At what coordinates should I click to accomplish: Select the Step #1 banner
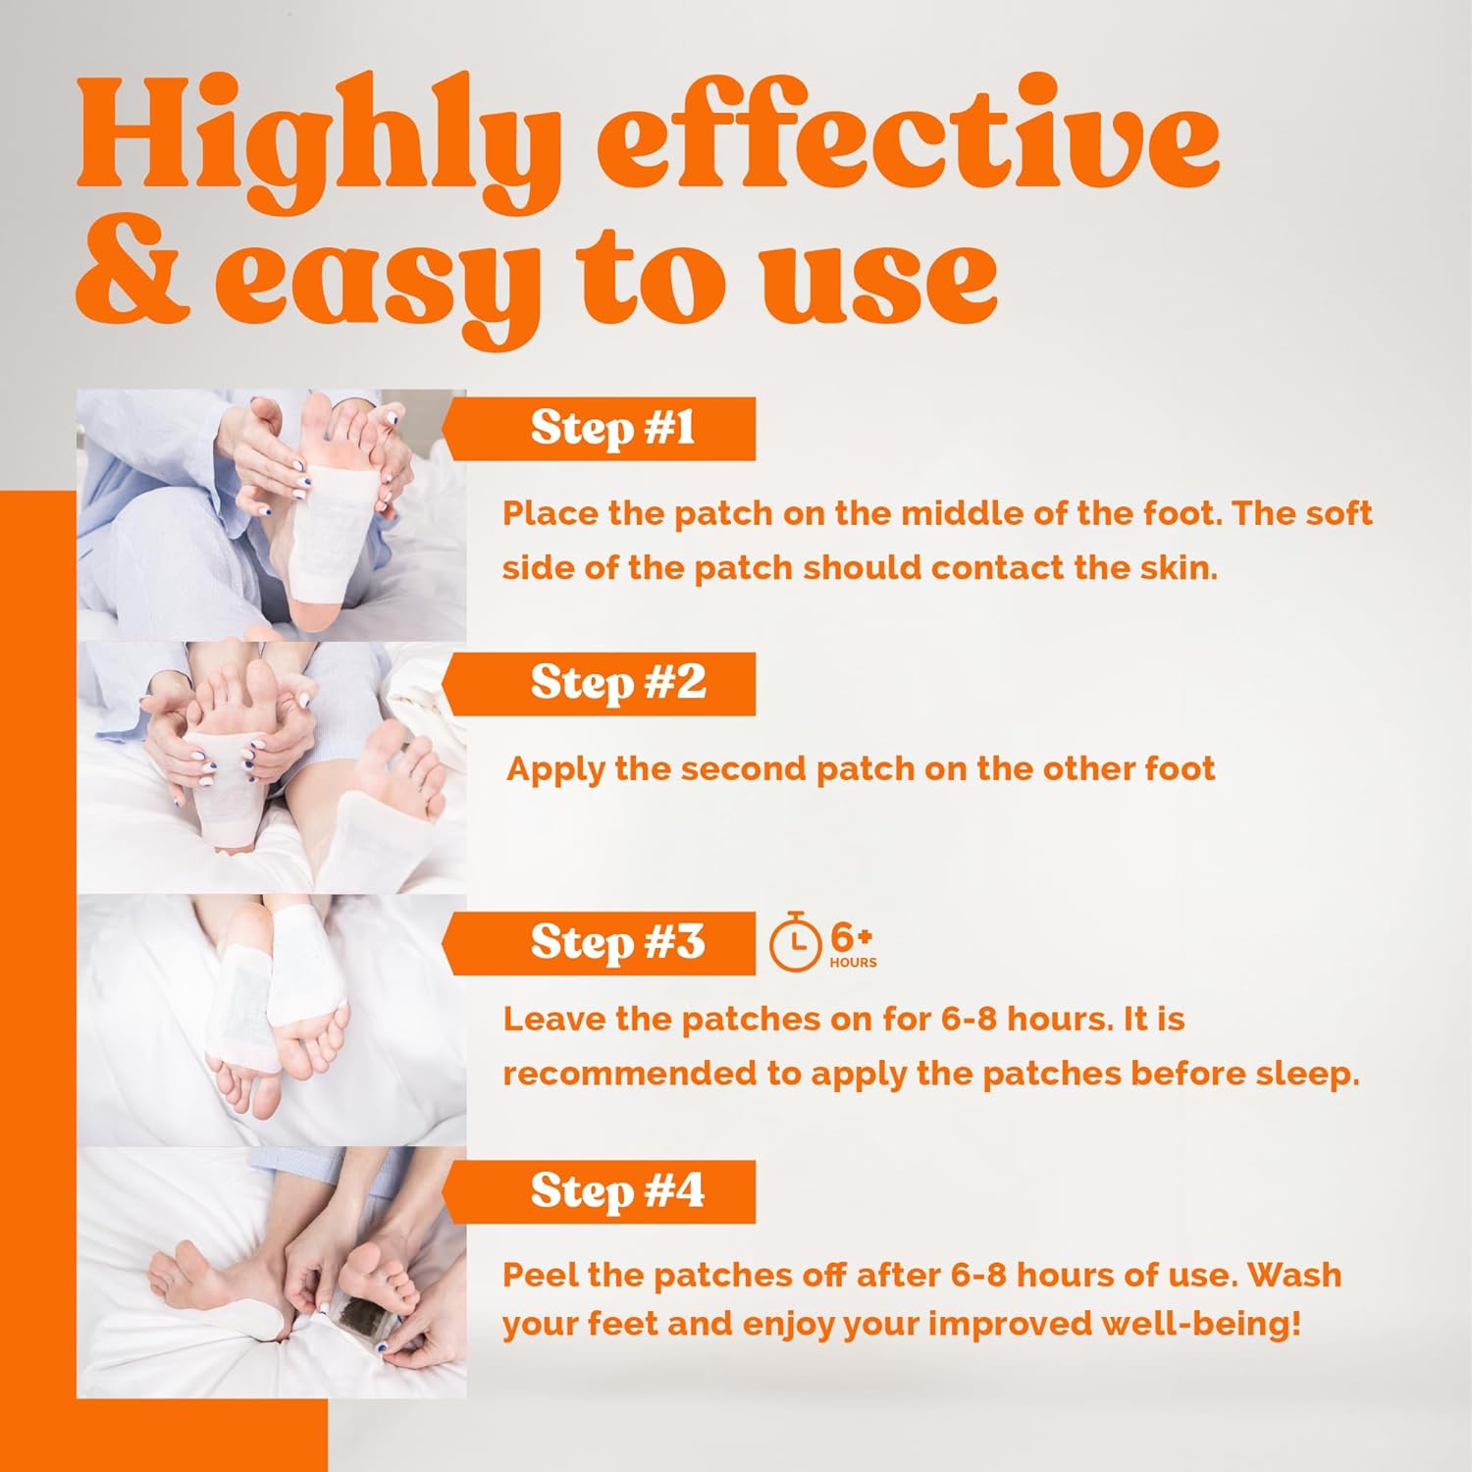click(x=600, y=429)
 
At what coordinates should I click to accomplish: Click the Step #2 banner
click(x=600, y=683)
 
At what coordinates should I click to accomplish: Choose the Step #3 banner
click(x=600, y=943)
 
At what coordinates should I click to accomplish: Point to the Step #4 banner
click(x=600, y=1191)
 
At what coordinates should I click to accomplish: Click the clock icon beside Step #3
click(x=795, y=943)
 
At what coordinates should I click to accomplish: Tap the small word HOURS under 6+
click(x=853, y=963)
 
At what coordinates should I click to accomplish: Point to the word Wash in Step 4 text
click(x=1294, y=1275)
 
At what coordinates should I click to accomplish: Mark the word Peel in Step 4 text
click(x=539, y=1275)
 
